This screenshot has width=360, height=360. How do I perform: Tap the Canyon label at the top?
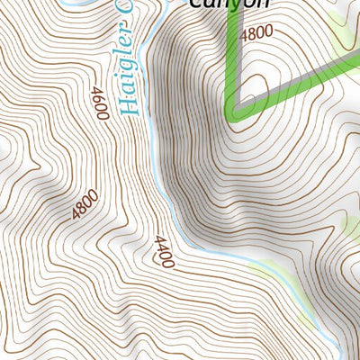(229, 4)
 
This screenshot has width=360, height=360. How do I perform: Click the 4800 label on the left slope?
(85, 207)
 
